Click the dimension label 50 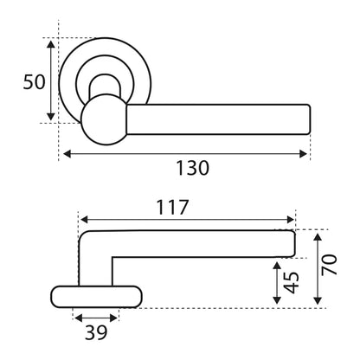[34, 82]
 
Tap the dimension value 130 [192, 168]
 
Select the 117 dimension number [172, 208]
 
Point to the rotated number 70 [329, 265]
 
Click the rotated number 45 [291, 282]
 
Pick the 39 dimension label [96, 332]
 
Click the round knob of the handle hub [104, 119]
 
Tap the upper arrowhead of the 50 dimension [51, 44]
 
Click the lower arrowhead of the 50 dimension [51, 117]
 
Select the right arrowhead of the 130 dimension [303, 154]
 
